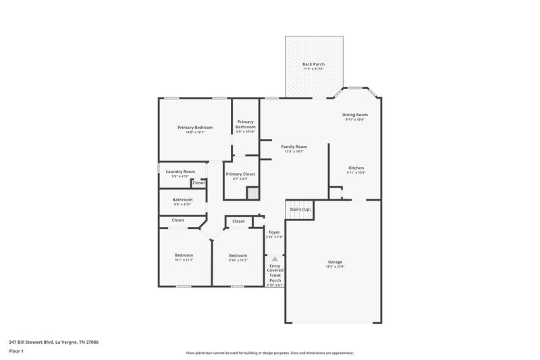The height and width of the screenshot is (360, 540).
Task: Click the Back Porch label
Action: pos(313,64)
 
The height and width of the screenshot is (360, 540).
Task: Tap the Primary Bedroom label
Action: pos(195,128)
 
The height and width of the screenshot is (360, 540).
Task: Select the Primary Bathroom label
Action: pos(246,124)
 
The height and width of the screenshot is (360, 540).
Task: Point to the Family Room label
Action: pos(294,147)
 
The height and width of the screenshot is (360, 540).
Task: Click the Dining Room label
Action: pos(355,115)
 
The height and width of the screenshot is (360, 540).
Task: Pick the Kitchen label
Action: pos(356,168)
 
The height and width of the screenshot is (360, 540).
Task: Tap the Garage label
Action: pos(335,261)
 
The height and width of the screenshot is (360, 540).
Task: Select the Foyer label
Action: pos(274,232)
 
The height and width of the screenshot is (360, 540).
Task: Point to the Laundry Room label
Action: pos(180,172)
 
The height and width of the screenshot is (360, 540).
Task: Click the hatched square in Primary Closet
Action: pos(252,193)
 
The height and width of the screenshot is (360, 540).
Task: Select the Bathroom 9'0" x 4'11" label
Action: pos(182,200)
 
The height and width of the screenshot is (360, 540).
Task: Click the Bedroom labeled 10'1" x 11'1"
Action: pos(184,255)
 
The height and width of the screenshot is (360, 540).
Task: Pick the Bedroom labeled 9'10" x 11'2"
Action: pos(238,255)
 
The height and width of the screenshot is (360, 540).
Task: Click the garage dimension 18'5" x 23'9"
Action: pos(335,266)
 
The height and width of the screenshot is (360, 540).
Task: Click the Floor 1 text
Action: pos(16,351)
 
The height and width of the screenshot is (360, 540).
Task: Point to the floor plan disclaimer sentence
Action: pos(269,353)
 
